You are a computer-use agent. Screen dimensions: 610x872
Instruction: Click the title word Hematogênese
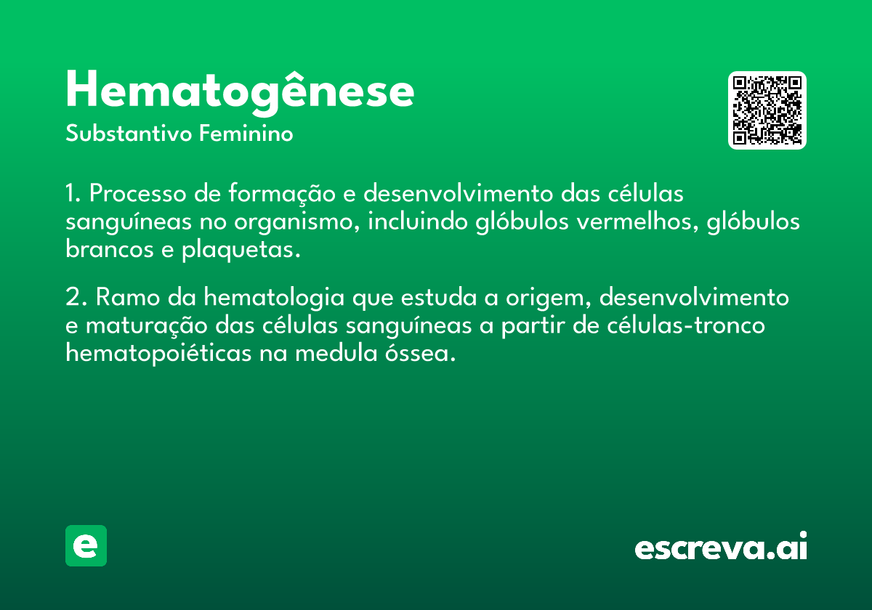point(240,91)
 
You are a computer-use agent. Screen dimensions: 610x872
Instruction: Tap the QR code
point(767,110)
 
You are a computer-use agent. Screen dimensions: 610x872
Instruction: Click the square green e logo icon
point(86,545)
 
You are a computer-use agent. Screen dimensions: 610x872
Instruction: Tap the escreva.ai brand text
point(721,548)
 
